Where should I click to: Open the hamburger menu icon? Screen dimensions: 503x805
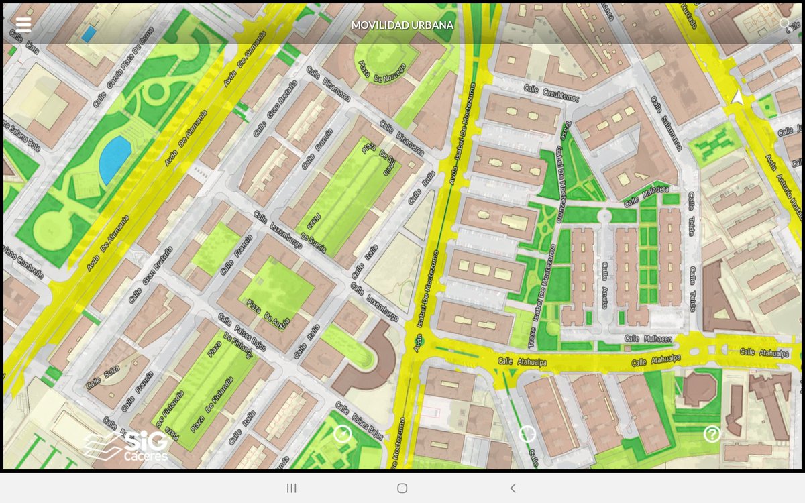(23, 25)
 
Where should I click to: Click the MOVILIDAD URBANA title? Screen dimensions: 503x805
(402, 25)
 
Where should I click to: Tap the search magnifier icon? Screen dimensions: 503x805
(784, 24)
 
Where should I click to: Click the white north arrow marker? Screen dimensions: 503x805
(737, 97)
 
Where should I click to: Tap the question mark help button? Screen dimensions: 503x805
(712, 434)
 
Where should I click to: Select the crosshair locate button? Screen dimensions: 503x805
(527, 434)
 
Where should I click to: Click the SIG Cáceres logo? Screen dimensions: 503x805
(127, 446)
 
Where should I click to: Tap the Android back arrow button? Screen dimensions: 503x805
(513, 488)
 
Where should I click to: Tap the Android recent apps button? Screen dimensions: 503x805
(292, 488)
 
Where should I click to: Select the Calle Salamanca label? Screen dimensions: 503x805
(666, 123)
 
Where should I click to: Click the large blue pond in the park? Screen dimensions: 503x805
(114, 160)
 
